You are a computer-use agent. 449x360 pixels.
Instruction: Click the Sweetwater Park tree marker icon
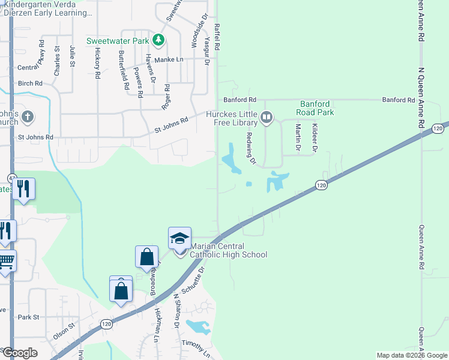tap(158, 40)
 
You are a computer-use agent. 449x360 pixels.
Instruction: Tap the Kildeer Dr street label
tap(314, 137)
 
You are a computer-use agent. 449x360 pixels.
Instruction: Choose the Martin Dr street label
tap(298, 137)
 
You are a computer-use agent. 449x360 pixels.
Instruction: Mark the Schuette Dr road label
tap(197, 278)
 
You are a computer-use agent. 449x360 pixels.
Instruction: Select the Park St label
tap(28, 317)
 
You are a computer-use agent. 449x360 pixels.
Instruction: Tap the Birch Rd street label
tap(30, 83)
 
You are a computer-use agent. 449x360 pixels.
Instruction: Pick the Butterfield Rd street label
tap(124, 69)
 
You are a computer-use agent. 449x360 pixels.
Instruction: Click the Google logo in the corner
tap(20, 353)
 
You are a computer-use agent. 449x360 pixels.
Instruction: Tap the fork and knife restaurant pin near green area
tap(23, 189)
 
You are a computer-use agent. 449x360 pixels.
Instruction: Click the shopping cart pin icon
tap(6, 262)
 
